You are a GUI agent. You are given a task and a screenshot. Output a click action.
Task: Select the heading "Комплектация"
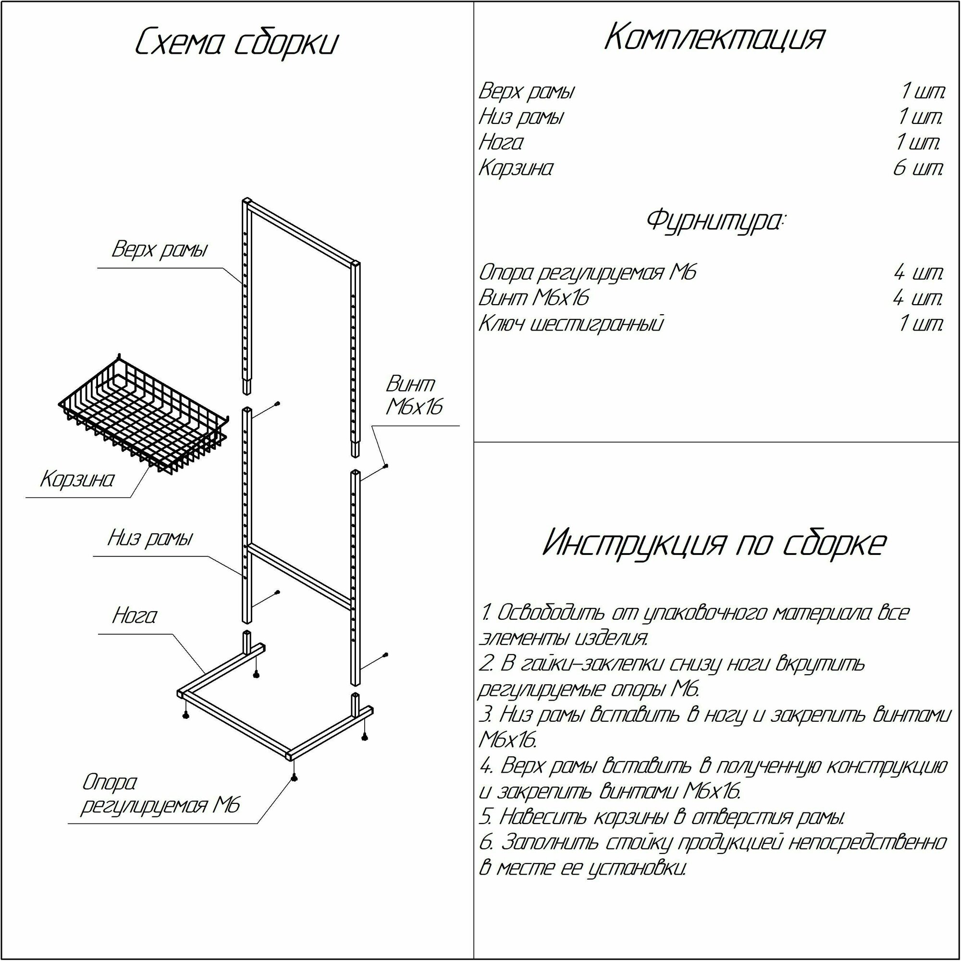point(715,38)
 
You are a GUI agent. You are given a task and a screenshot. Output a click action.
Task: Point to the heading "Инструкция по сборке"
point(715,542)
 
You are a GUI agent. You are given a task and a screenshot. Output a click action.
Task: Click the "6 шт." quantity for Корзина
point(918,169)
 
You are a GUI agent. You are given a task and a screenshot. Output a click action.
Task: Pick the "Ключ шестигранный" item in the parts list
point(571,324)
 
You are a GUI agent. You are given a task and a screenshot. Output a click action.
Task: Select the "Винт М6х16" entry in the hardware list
point(534,298)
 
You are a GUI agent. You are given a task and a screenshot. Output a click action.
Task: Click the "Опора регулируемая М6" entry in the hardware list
point(588,272)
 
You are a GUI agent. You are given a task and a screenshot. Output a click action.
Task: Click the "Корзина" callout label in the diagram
point(77,480)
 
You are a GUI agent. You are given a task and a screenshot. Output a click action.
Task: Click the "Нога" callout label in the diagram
point(135,616)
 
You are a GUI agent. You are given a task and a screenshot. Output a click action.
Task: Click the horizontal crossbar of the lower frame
point(301,575)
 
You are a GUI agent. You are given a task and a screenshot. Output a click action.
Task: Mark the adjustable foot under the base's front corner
point(295,777)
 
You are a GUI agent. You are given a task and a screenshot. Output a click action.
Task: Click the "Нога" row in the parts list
point(501,143)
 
